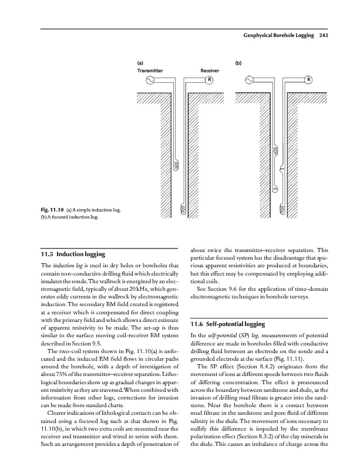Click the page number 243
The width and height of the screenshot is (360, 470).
(x=325, y=36)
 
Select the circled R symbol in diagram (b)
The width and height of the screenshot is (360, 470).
(x=308, y=80)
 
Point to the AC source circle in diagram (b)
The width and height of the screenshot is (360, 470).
(x=250, y=80)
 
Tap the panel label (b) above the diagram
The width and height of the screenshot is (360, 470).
(x=238, y=61)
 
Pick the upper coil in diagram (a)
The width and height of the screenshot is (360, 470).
(x=175, y=165)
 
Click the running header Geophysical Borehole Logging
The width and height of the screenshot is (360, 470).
(x=277, y=36)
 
